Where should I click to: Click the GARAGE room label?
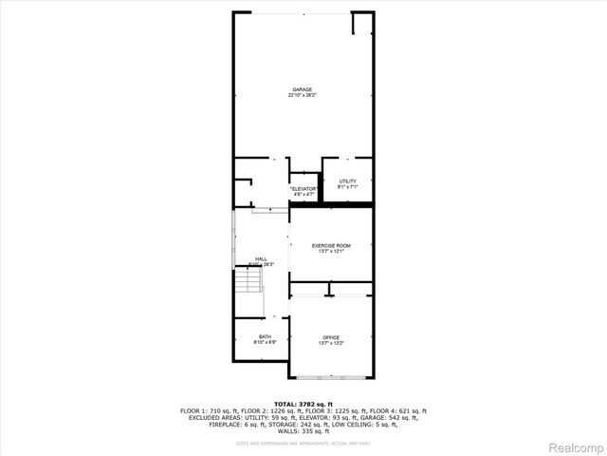303,89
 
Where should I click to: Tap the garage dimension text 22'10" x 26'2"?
303,95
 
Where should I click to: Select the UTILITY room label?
347,180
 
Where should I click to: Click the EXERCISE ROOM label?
331,245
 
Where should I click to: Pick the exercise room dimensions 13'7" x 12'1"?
331,251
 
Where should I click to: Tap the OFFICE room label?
331,337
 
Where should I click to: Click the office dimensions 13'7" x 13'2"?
331,343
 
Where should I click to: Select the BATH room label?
265,337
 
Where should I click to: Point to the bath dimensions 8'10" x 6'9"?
265,343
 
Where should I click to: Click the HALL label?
260,258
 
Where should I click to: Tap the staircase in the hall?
248,282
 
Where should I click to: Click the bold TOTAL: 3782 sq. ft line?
303,404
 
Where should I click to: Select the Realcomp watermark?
574,446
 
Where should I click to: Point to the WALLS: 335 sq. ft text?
303,431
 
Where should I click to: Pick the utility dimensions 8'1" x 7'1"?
347,186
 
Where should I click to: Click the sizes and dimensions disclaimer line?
303,443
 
